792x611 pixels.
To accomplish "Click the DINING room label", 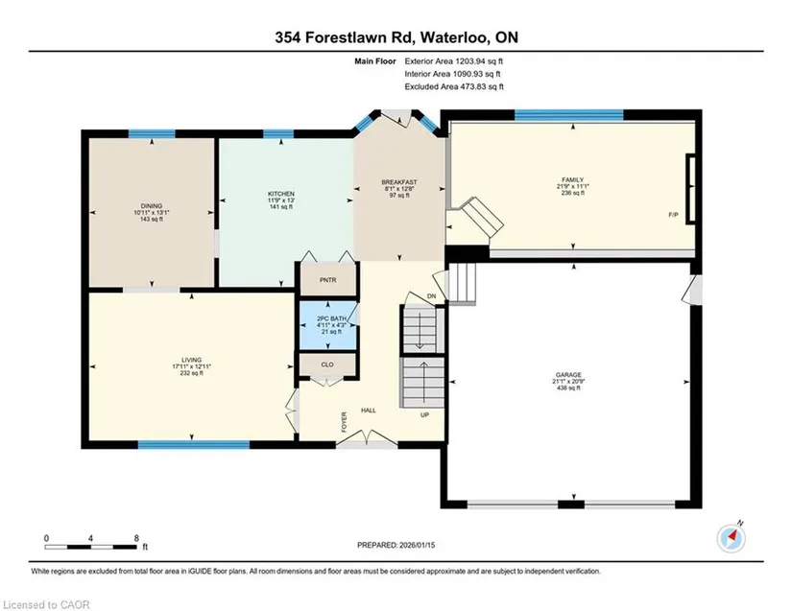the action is click(x=152, y=206).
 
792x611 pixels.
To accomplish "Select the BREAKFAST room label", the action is click(x=399, y=182).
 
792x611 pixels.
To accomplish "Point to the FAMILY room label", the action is click(x=573, y=179).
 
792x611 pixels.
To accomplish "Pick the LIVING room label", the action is click(x=191, y=360).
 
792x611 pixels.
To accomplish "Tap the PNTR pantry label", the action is click(x=327, y=280).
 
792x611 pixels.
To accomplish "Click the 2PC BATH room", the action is click(x=328, y=325).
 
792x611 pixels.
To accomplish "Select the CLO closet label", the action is click(x=327, y=364).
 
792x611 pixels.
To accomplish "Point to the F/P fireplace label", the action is click(x=673, y=215).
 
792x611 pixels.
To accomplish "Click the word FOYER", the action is click(x=345, y=422).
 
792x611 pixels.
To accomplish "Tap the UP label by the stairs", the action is click(x=425, y=414).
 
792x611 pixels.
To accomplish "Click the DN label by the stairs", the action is click(x=431, y=296).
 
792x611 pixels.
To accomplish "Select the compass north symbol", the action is click(x=732, y=538).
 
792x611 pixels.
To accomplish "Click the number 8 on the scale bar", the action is click(x=136, y=538).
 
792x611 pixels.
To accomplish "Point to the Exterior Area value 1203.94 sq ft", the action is click(x=479, y=61).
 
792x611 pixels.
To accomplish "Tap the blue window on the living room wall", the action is click(x=194, y=444).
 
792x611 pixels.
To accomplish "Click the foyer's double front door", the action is click(x=368, y=438).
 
